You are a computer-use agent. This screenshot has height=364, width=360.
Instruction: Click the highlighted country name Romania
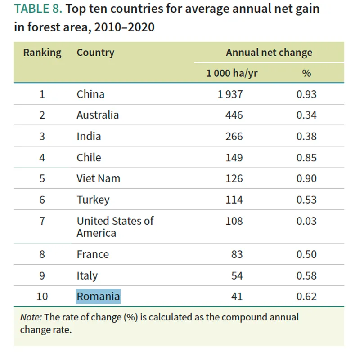point(98,297)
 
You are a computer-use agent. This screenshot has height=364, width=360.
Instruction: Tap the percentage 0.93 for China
point(306,94)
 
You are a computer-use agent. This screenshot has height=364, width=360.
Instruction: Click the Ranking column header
point(42,53)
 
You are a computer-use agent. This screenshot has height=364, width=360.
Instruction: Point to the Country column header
point(95,53)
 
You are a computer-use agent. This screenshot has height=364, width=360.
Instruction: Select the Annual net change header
point(269,53)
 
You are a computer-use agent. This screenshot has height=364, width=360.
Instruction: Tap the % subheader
point(306,73)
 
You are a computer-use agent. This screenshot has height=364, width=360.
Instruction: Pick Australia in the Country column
point(98,115)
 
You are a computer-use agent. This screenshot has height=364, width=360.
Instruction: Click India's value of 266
point(234,136)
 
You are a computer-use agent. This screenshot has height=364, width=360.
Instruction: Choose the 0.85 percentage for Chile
point(306,158)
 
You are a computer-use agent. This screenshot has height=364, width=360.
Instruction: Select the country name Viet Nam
point(99,178)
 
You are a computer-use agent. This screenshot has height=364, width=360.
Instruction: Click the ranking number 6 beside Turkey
point(42,200)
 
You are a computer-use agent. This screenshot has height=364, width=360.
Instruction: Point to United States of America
point(115,227)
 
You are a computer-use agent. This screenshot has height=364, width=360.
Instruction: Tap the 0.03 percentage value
point(306,221)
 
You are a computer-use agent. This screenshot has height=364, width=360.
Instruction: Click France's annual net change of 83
point(237,254)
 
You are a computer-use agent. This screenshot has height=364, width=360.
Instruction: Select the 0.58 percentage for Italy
point(306,275)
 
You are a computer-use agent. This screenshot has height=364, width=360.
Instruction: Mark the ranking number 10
point(42,297)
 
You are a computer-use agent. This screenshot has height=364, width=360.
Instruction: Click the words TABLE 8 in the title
point(36,9)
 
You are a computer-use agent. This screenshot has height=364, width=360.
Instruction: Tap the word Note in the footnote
point(31,317)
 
